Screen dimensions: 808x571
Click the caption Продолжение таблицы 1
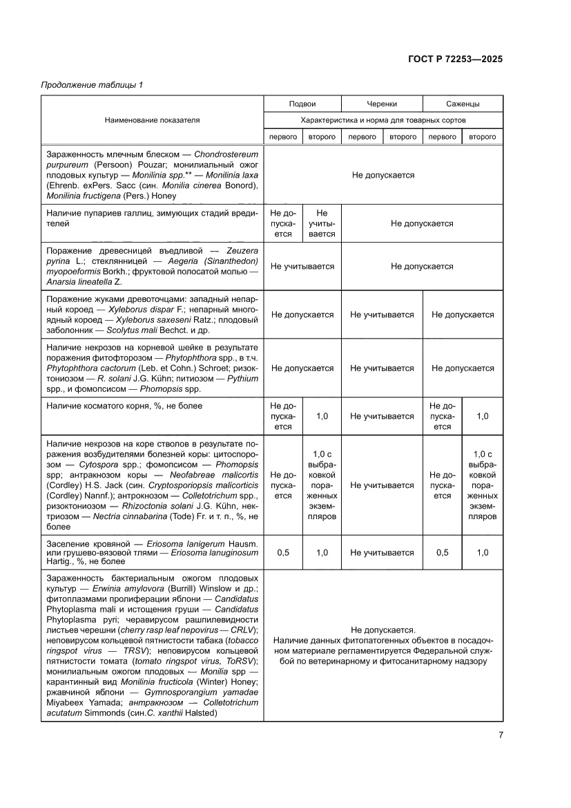coord(92,85)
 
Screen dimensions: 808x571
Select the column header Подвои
coord(302,104)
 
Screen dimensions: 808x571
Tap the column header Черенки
coord(382,104)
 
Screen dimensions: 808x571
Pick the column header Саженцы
coord(463,104)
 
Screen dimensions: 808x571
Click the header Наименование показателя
coord(152,120)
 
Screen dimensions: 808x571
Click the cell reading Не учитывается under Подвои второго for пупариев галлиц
coord(322,223)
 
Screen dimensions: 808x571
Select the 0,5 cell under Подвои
coord(282,552)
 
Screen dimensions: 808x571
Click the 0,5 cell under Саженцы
coord(443,552)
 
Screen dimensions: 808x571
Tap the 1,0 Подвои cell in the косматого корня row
coord(322,416)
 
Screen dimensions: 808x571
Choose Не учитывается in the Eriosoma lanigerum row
coord(382,552)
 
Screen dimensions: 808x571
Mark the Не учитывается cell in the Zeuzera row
coord(302,266)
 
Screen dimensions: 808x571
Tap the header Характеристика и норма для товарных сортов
coord(383,120)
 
